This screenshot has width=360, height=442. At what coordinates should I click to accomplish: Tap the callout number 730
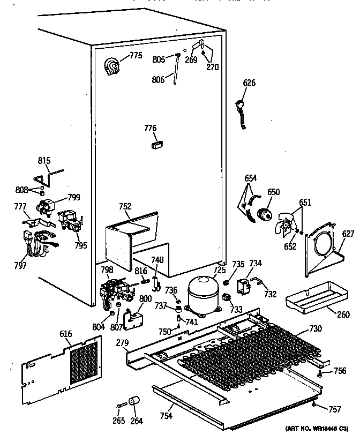pyautogui.click(x=316, y=329)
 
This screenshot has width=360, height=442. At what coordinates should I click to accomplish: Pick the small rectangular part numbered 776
pyautogui.click(x=157, y=144)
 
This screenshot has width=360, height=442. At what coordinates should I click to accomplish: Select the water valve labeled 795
pyautogui.click(x=71, y=221)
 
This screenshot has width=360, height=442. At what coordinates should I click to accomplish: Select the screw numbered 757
pyautogui.click(x=313, y=406)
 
